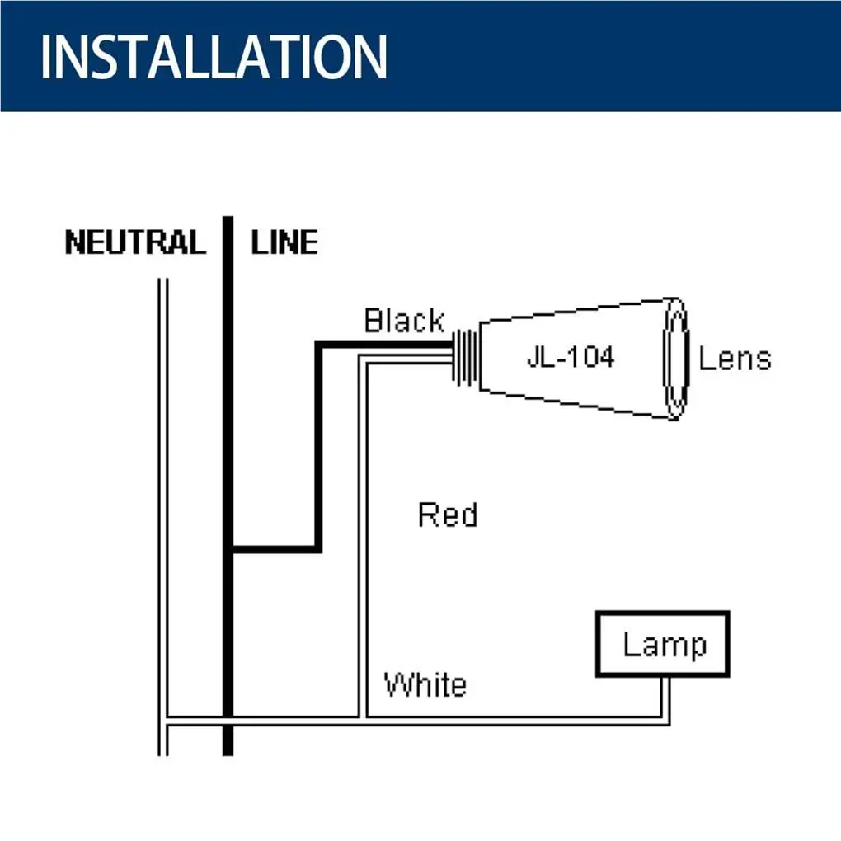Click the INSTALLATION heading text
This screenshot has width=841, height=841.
coord(214,57)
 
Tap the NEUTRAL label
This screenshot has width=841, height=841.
coord(135,242)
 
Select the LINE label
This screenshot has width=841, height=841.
coord(284,242)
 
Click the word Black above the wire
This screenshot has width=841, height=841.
coord(404,321)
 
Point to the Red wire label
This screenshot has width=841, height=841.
coord(448,514)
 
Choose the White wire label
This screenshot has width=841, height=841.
coord(425,684)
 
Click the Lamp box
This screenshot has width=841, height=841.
coord(663,644)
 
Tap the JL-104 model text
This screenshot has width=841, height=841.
coord(571,357)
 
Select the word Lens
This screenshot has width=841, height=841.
coord(735,359)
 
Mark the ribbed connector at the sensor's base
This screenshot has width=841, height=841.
coord(465,357)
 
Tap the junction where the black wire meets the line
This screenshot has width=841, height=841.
coord(231,549)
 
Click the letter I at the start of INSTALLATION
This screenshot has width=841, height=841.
coord(45,57)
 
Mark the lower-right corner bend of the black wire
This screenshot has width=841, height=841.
coord(318,549)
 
